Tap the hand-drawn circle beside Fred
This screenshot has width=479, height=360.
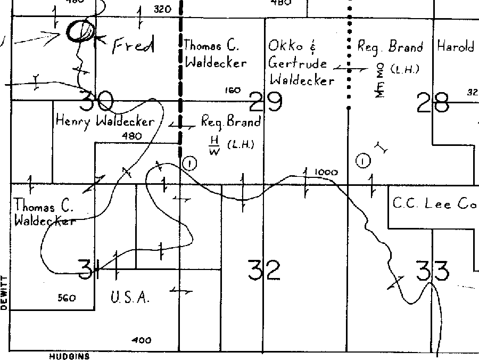pos(80,31)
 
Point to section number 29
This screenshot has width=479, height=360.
pos(266,102)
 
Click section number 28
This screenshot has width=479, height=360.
pos(433,103)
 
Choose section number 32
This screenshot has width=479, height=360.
pos(264,270)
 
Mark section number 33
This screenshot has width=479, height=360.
pos(432,271)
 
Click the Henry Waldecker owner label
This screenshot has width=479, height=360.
pos(105,121)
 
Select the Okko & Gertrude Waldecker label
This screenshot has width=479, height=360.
pos(301,63)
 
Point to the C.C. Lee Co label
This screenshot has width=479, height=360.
pos(433,203)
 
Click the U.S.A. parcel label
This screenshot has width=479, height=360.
pos(130,298)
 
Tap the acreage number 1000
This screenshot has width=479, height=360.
pos(326,173)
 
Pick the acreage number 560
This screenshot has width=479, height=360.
pos(67,298)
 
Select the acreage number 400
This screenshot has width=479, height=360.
pos(141,340)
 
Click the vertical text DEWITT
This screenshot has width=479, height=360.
pos(4,293)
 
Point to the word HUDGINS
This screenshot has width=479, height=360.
pos(69,357)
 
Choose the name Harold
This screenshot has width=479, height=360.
pos(455,47)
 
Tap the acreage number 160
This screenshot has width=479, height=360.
pos(233,91)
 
